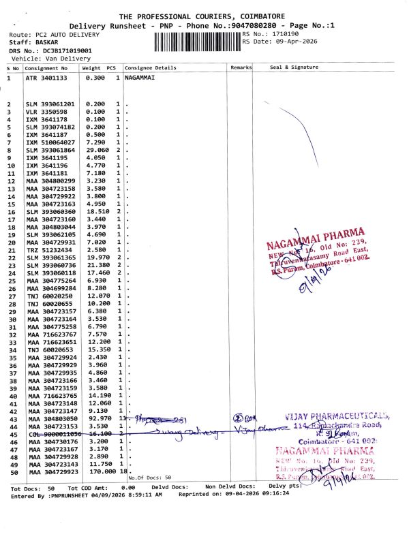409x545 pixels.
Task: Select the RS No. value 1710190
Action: (285, 33)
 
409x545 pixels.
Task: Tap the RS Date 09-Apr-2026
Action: (294, 42)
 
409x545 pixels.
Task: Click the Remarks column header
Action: (241, 68)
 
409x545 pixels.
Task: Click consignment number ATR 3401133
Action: (46, 78)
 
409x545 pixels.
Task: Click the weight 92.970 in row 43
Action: (99, 418)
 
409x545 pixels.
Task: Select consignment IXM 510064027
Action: (49, 142)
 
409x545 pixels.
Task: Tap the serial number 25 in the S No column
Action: (10, 281)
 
